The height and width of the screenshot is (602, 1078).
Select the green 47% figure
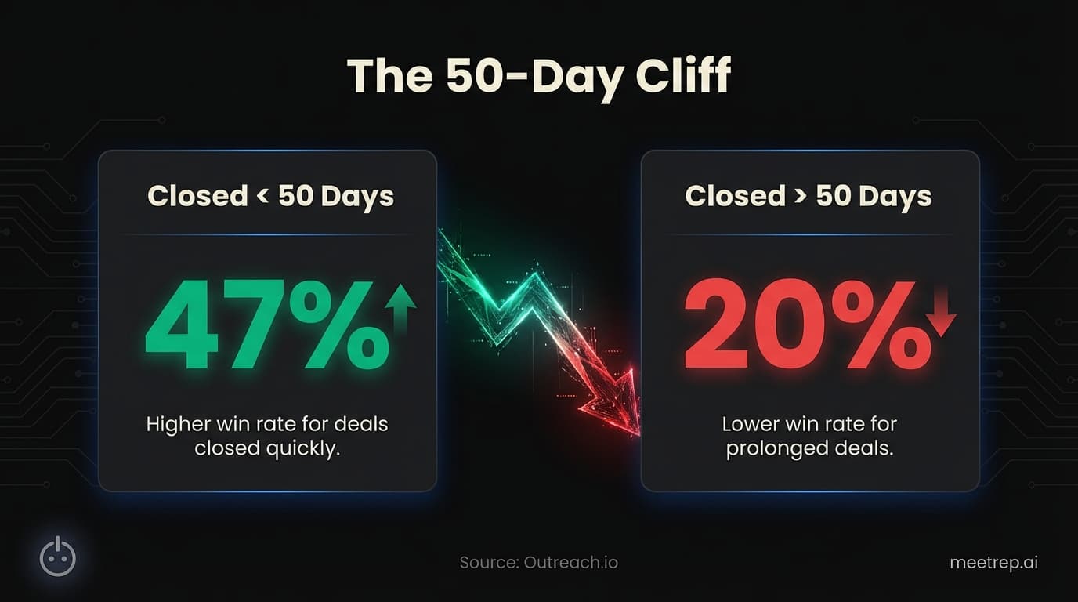click(266, 328)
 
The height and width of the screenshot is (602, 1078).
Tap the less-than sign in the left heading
click(263, 196)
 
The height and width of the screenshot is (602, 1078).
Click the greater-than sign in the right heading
click(801, 196)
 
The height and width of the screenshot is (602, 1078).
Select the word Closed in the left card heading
click(197, 196)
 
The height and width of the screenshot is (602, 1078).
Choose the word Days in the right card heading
click(893, 196)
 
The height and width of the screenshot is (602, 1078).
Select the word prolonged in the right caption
click(776, 450)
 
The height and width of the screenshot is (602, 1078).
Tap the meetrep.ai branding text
click(993, 562)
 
